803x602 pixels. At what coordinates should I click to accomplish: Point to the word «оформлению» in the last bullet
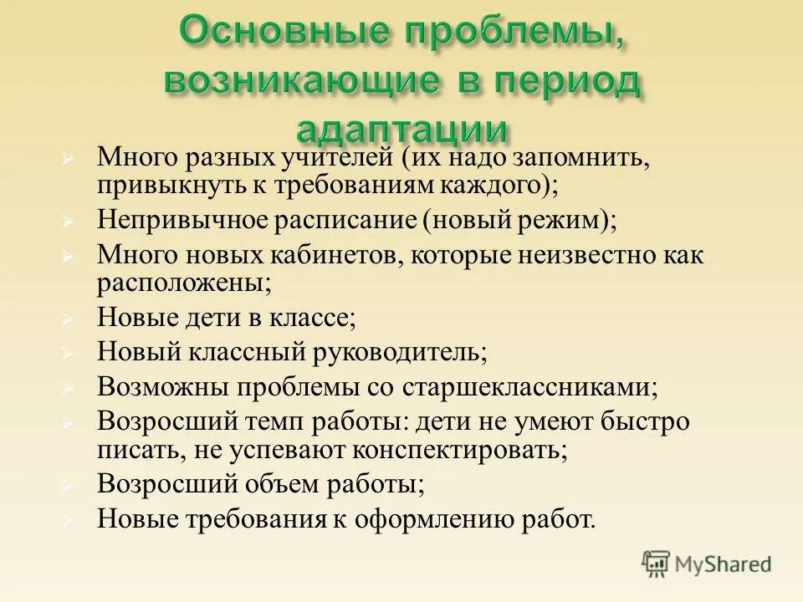pyautogui.click(x=430, y=518)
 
